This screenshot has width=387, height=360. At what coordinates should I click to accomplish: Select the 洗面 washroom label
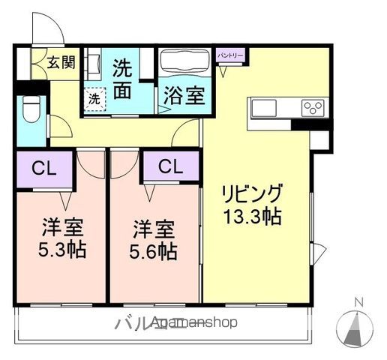[124, 78]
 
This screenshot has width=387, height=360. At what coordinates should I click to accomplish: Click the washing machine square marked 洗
[94, 98]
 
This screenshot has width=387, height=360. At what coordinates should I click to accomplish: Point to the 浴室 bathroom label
[183, 96]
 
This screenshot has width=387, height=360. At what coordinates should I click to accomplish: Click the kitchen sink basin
[265, 108]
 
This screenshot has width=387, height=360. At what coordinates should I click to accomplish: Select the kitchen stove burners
[311, 108]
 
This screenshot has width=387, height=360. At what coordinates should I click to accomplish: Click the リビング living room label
[251, 192]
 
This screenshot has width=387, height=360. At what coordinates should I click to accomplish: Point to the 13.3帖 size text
[252, 218]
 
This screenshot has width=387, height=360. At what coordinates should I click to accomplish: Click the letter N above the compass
[358, 302]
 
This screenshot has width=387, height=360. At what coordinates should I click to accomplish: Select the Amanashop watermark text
[193, 323]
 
